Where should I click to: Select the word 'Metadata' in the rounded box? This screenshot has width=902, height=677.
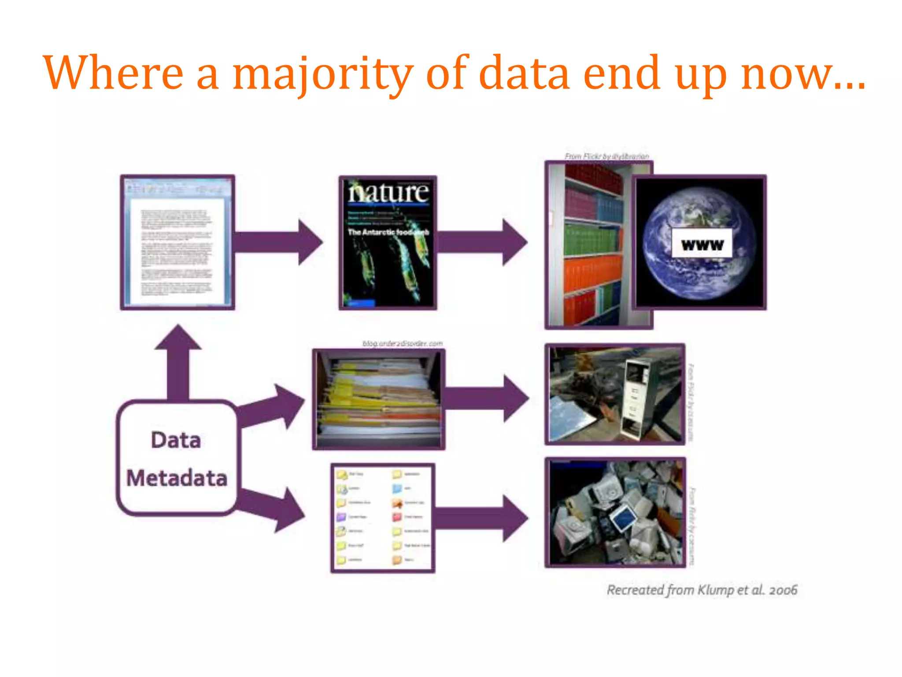177,478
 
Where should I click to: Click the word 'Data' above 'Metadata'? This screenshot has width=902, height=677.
176,440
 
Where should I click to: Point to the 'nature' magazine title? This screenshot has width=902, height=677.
388,193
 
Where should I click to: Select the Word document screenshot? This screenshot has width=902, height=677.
177,242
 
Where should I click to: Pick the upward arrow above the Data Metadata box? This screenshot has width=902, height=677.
178,361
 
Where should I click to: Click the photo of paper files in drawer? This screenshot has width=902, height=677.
379,399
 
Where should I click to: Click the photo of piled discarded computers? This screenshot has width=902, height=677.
615,512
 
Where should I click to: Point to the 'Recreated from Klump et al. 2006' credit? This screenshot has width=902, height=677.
702,590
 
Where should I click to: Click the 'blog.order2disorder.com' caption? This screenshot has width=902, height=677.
402,343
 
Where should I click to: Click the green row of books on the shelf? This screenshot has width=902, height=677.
592,238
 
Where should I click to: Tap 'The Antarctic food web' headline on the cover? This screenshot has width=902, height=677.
388,232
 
